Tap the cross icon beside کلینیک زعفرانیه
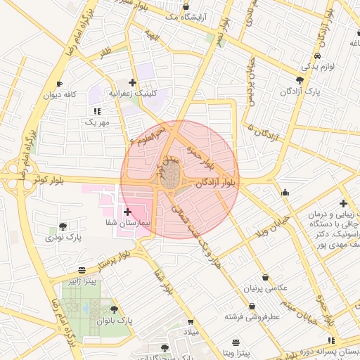pos(132,82)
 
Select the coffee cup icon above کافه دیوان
pos(59,84)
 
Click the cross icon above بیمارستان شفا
pos(127,212)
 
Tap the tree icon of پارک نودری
pos(63,226)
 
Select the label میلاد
pos(192,330)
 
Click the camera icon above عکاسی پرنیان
pos(265,278)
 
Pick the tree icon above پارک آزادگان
pos(300,80)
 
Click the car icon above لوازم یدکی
pos(319,56)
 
